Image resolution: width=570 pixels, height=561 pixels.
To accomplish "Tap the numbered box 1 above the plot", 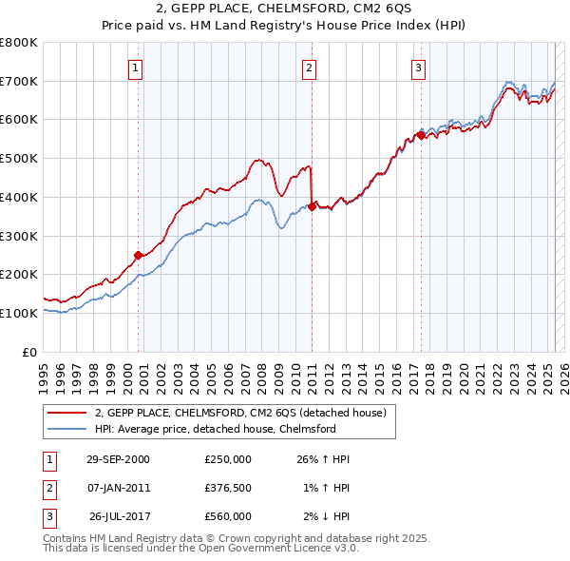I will click(x=137, y=68).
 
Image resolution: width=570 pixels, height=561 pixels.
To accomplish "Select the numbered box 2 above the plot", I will click(x=310, y=68).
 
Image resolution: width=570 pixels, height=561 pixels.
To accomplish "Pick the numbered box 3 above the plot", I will click(x=419, y=68).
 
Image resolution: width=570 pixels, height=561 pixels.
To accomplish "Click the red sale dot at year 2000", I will click(x=139, y=255).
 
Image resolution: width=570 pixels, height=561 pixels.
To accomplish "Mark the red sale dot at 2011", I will click(x=312, y=205).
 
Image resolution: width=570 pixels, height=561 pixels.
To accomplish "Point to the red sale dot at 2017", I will click(x=421, y=135).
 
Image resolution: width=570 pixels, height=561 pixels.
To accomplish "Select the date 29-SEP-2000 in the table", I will click(x=118, y=459).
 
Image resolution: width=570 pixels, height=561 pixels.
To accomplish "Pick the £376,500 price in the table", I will click(x=227, y=488).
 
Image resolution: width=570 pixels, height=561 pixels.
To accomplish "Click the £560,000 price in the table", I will click(x=227, y=516).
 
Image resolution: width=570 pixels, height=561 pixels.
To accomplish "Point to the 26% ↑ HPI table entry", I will click(x=324, y=459).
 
